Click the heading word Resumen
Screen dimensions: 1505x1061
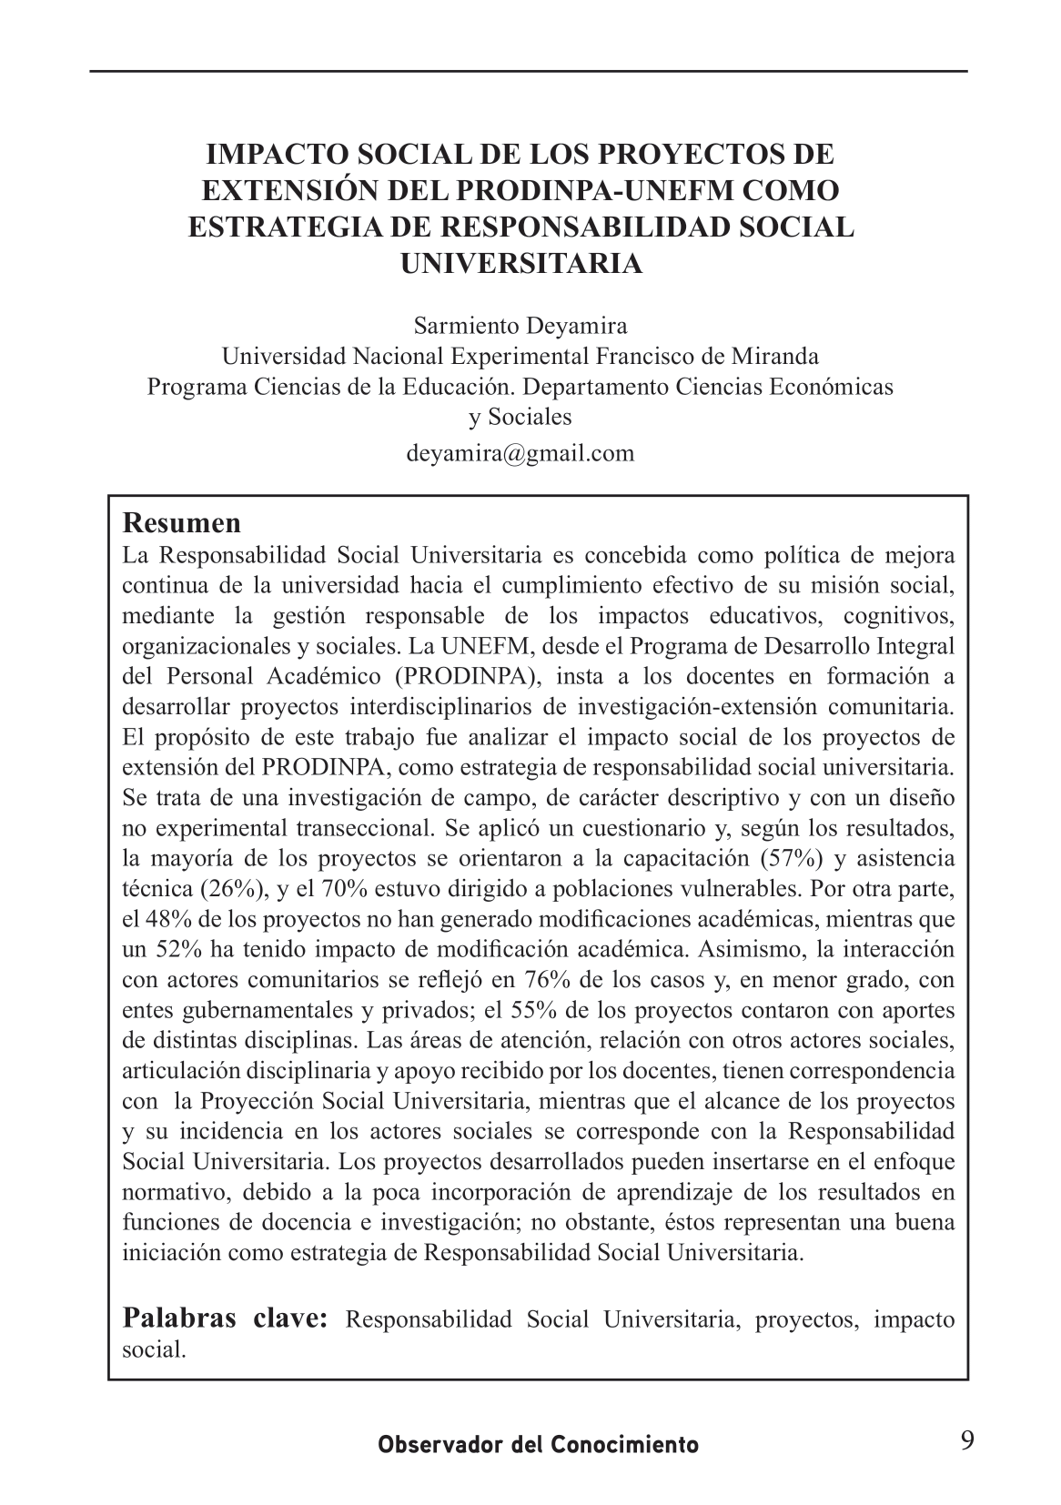point(182,524)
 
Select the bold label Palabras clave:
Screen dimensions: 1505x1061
point(225,1318)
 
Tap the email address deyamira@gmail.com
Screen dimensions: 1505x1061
point(520,453)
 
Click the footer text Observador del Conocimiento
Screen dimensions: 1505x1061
point(539,1444)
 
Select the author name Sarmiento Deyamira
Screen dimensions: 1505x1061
point(520,325)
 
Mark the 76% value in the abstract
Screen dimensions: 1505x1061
point(545,980)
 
